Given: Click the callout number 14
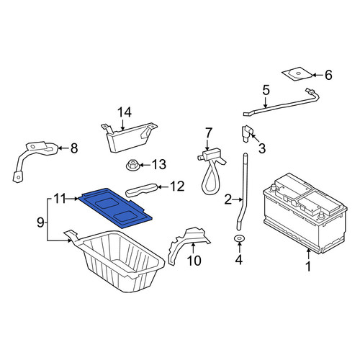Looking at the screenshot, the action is tap(125, 112).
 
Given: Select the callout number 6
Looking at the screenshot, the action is tap(328, 75).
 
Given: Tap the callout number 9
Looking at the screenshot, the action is tap(40, 222).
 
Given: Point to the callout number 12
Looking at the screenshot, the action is tap(177, 186).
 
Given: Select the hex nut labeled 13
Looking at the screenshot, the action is tap(132, 166).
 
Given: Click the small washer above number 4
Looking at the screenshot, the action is tap(239, 238).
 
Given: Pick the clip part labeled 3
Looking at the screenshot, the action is tap(246, 133).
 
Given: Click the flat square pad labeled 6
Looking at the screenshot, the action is tap(297, 74).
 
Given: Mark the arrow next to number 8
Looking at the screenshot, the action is tap(63, 148).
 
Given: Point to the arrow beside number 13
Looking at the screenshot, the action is tap(145, 165).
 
